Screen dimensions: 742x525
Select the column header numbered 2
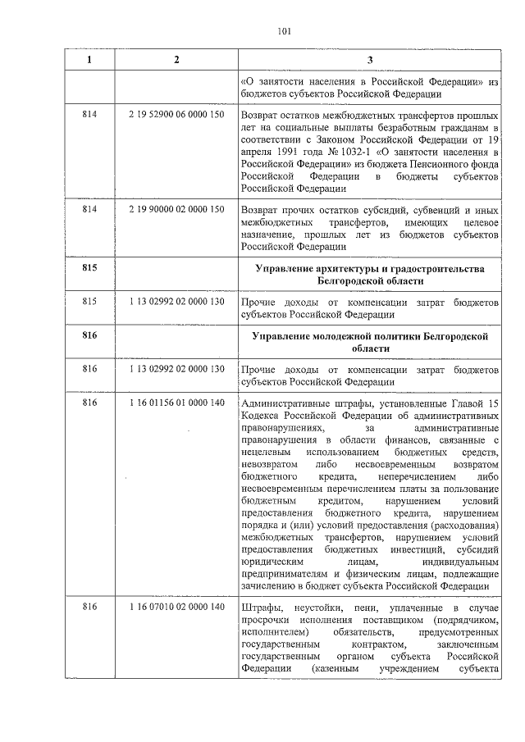pyautogui.click(x=176, y=61)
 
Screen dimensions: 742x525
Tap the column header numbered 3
pyautogui.click(x=370, y=61)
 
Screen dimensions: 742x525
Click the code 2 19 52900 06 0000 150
pyautogui.click(x=176, y=116)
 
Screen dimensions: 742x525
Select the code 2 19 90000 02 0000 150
pyautogui.click(x=176, y=210)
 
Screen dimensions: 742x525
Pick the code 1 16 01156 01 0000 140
pyautogui.click(x=176, y=403)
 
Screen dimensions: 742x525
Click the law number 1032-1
pyautogui.click(x=340, y=152)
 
